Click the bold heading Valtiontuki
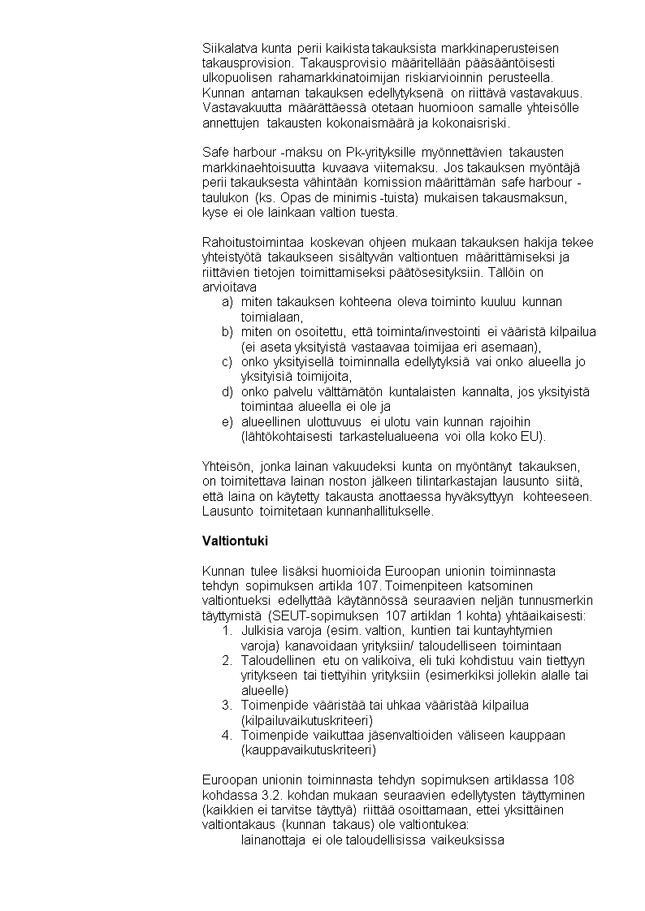pyautogui.click(x=235, y=541)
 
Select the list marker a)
pyautogui.click(x=227, y=302)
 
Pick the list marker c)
pyautogui.click(x=227, y=362)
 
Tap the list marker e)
pyautogui.click(x=227, y=422)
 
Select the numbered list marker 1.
pyautogui.click(x=227, y=631)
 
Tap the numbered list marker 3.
pyautogui.click(x=227, y=706)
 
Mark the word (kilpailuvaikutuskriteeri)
pyautogui.click(x=307, y=720)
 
